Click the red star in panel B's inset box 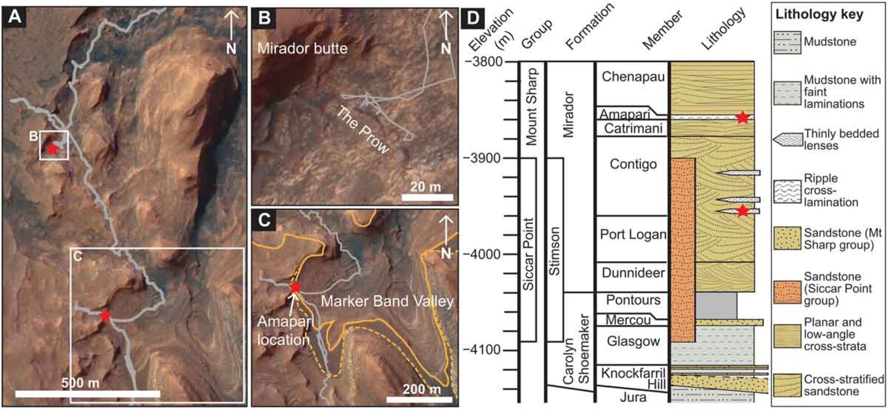point(53,148)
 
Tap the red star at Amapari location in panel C point(295,287)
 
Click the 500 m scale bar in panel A point(88,394)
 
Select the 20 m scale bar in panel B point(427,197)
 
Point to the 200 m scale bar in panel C point(420,399)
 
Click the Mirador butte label point(302,48)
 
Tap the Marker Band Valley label point(387,301)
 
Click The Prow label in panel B point(362,130)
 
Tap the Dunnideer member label point(633,273)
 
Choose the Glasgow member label point(633,341)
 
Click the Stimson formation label point(555,251)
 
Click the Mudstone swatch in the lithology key point(787,42)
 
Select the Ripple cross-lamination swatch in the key point(787,191)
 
